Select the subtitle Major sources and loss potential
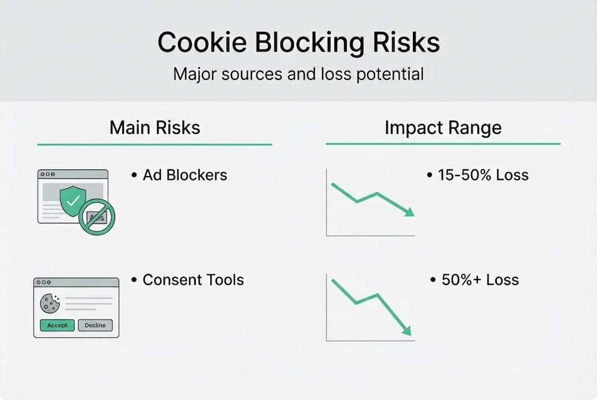pos(298,74)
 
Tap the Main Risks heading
pos(155,128)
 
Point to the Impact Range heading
pos(443,128)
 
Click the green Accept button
pos(57,325)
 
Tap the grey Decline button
pos(95,325)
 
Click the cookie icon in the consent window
pos(50,303)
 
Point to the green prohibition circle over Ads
pos(97,217)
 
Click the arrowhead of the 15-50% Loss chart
pos(410,212)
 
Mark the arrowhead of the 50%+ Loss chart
pos(407,331)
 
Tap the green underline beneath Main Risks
pos(155,144)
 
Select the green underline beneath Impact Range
pos(443,144)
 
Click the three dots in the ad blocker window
pos(48,174)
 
